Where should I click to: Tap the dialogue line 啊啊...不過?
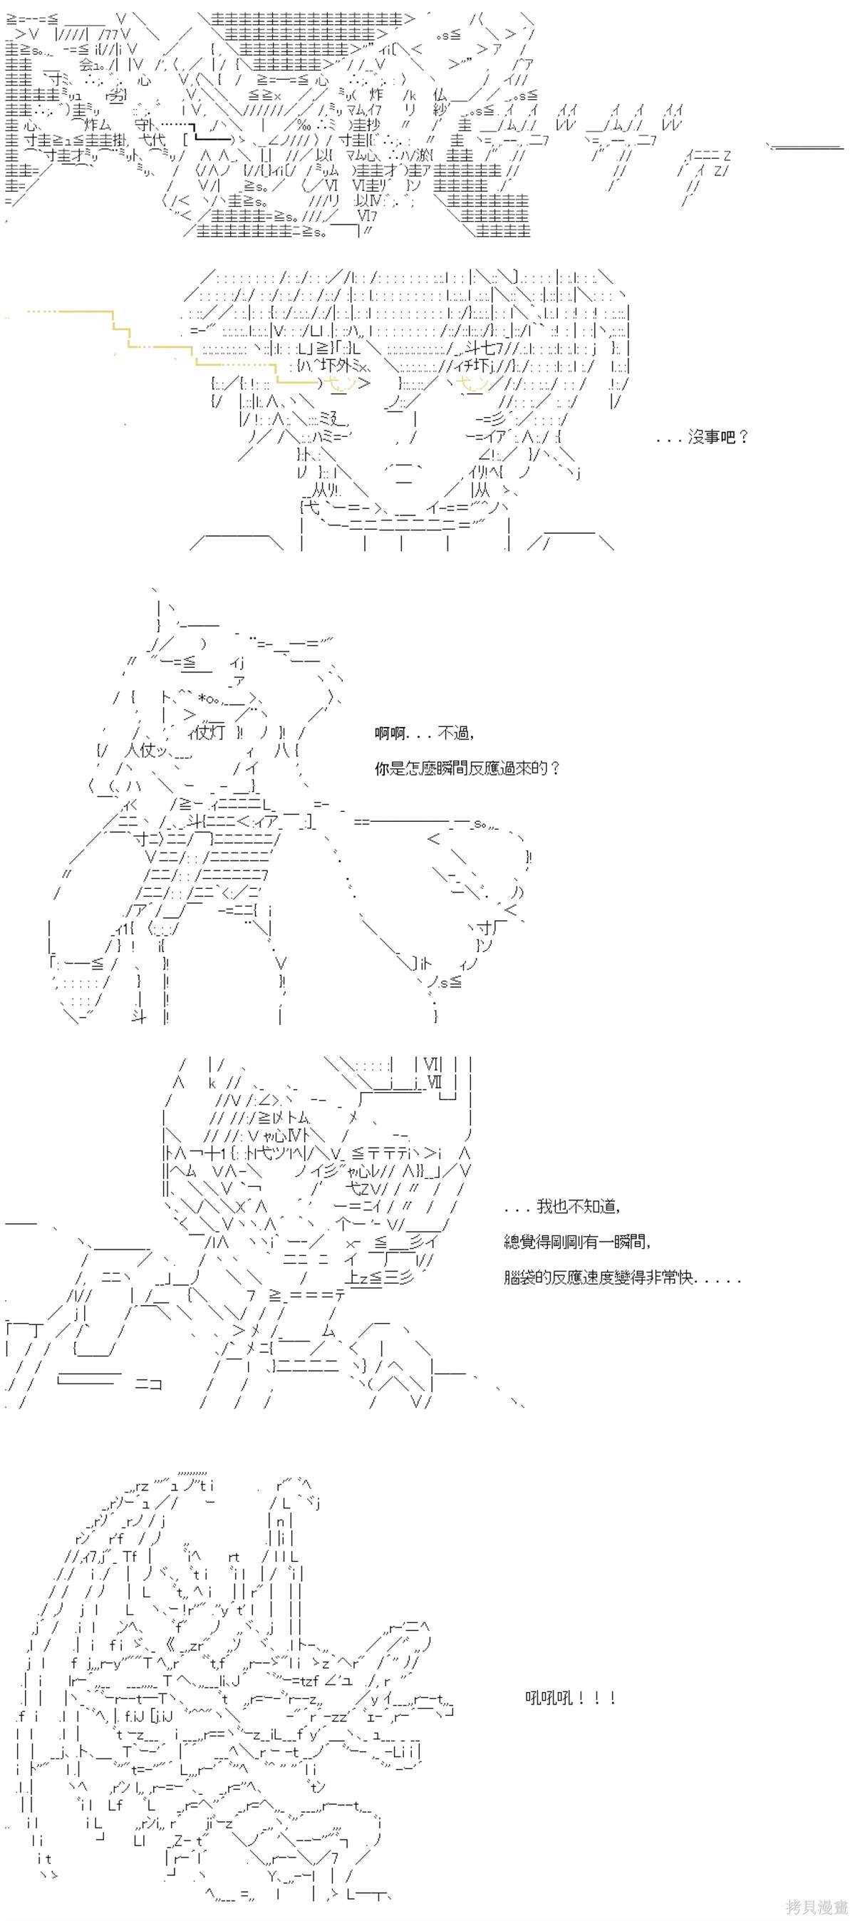(425, 733)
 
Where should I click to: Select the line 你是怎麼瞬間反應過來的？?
(467, 768)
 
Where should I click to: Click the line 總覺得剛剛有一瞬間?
(577, 1242)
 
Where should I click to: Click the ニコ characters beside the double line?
(148, 1385)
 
